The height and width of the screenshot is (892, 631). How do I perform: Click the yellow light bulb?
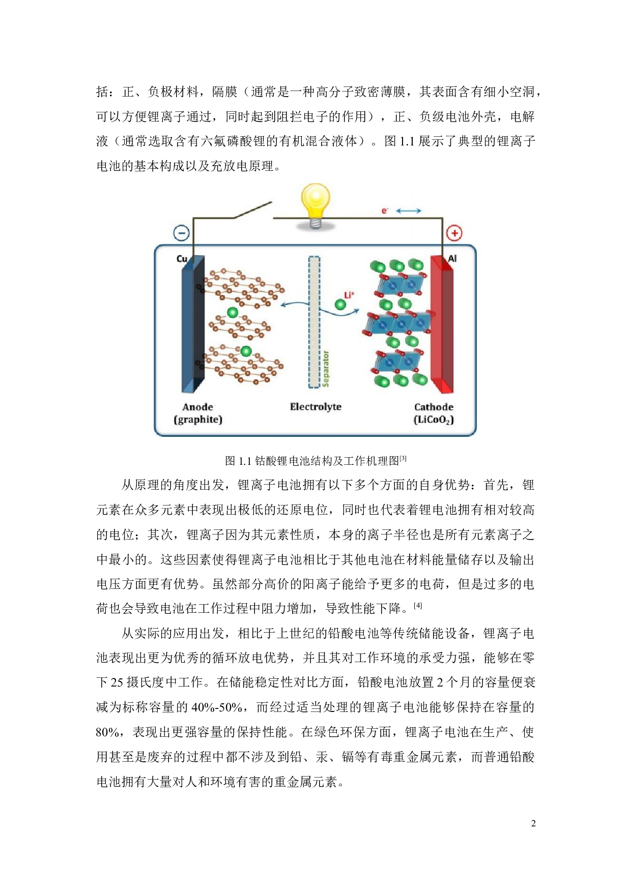click(x=315, y=202)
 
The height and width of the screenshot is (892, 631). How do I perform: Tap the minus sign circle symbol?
click(x=182, y=233)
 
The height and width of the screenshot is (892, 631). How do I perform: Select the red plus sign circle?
click(x=454, y=233)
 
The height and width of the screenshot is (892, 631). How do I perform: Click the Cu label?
click(x=182, y=259)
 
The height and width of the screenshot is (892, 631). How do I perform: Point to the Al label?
click(x=452, y=258)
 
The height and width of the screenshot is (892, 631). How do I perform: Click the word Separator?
click(x=326, y=369)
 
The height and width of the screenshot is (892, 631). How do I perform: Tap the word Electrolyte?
click(x=315, y=406)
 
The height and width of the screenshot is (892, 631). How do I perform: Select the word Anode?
click(x=197, y=407)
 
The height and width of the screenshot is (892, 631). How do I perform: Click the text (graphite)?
click(x=198, y=420)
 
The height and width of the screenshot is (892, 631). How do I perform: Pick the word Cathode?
click(x=434, y=407)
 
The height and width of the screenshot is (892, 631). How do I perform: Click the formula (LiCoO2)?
click(x=434, y=420)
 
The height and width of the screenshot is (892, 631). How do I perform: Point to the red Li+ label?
click(x=349, y=295)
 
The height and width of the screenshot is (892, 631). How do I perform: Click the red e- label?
click(x=385, y=211)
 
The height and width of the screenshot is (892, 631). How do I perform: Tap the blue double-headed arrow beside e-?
click(x=409, y=211)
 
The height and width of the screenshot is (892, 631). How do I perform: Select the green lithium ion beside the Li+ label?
click(x=340, y=305)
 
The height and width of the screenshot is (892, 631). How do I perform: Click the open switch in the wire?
click(x=253, y=210)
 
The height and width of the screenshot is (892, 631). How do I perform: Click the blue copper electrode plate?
click(x=193, y=325)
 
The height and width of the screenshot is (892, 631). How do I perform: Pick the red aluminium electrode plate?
click(x=442, y=325)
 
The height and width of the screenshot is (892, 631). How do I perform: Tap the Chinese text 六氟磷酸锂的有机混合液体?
click(x=279, y=140)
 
